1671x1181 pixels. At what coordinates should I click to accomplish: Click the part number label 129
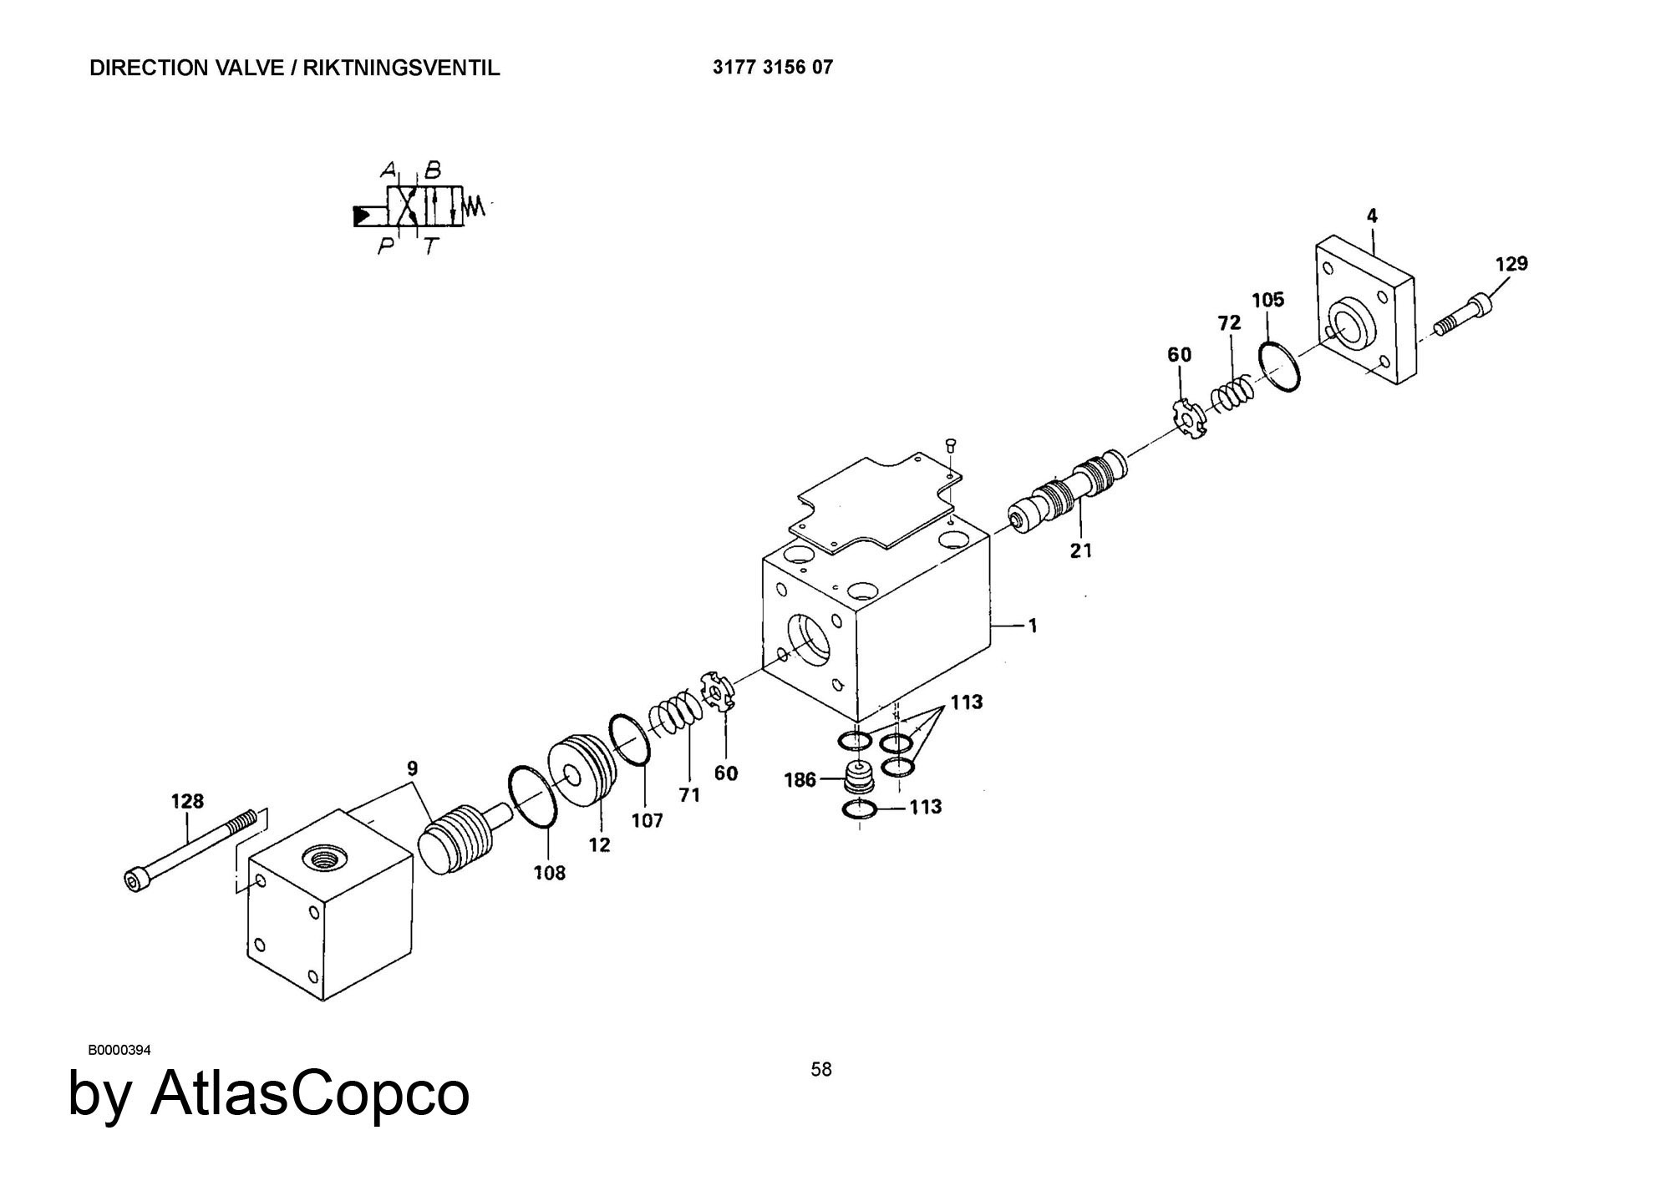[1511, 264]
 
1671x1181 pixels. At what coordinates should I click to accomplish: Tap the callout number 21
[1081, 550]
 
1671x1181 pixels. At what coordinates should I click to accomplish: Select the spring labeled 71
[673, 713]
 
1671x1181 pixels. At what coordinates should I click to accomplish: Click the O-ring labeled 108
[532, 797]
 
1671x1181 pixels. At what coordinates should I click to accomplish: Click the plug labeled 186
[858, 778]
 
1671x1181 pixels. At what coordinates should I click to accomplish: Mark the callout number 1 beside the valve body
[1033, 625]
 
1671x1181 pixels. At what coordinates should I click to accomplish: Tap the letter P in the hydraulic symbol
[385, 246]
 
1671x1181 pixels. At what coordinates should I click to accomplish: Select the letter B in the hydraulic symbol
[432, 171]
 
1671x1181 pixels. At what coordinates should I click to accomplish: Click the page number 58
[821, 1069]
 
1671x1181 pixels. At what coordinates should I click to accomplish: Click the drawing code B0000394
[119, 1050]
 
